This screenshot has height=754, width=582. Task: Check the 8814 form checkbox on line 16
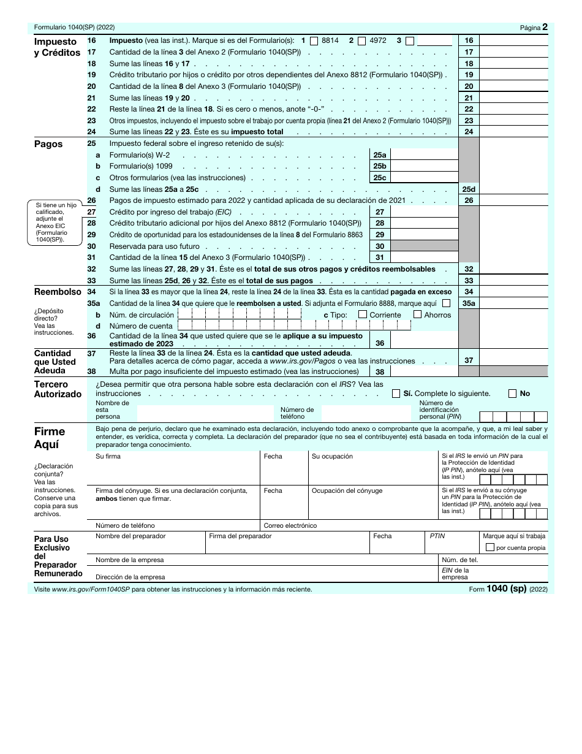[x=314, y=41]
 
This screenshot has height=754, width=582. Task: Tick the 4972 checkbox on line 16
[x=361, y=41]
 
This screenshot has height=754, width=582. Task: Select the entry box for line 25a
[x=423, y=155]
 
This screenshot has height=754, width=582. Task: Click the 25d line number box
[x=469, y=189]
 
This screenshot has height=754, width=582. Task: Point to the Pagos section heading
[x=48, y=145]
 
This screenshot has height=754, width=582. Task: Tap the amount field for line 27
[x=423, y=212]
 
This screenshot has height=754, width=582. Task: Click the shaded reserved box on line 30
[x=423, y=246]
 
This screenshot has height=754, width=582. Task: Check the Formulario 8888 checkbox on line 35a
[x=446, y=303]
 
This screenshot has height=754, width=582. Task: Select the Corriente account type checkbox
[x=363, y=314]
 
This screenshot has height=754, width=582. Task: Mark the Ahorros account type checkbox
[x=417, y=314]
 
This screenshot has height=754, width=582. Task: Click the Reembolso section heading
[x=58, y=292]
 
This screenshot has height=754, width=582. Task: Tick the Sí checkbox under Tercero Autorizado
[x=396, y=394]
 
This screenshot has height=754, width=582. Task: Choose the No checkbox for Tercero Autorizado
[x=513, y=394]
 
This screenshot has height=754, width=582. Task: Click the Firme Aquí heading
[x=50, y=438]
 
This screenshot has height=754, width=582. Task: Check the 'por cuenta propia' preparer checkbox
[x=489, y=547]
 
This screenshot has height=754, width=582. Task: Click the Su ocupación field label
[x=332, y=457]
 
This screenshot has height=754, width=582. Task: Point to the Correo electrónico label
[x=290, y=525]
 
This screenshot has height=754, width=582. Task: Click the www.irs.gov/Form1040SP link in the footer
[x=91, y=589]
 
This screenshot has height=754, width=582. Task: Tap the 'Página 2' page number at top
[x=534, y=28]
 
